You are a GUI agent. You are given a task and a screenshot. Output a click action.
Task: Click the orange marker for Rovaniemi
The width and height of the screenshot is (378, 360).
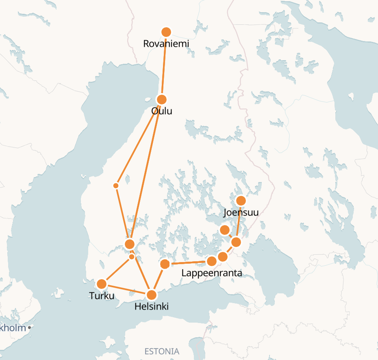[166, 32]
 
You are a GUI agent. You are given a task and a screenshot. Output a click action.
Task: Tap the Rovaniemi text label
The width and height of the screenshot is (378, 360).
[166, 43]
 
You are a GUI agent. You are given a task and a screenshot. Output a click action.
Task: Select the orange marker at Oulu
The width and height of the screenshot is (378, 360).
[162, 100]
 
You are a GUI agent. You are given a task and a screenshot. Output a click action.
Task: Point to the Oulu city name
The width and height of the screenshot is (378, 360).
[161, 111]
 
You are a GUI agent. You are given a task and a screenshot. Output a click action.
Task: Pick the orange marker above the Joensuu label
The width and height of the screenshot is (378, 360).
[241, 201]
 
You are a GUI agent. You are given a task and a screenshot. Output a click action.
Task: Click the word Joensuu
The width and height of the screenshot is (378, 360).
[241, 212]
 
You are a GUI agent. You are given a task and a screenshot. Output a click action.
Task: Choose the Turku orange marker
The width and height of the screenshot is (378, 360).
[102, 284]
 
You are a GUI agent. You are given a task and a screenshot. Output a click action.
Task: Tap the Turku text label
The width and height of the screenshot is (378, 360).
[102, 295]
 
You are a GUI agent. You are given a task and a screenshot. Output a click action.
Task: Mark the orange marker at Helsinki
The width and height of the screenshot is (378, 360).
[152, 295]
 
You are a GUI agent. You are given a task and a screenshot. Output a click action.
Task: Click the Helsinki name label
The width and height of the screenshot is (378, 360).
[151, 306]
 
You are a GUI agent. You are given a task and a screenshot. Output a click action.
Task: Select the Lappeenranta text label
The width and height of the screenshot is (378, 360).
[211, 273]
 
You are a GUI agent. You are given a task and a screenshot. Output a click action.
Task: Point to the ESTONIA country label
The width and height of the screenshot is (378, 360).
[162, 351]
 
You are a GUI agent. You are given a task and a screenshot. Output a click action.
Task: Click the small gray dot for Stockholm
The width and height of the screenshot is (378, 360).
[29, 327]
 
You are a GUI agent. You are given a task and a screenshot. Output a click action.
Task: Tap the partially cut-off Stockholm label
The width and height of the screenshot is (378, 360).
[13, 327]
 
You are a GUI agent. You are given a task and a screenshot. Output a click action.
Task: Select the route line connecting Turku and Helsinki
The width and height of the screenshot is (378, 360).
[126, 289]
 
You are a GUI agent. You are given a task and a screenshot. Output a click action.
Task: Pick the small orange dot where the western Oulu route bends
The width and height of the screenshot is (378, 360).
[116, 186]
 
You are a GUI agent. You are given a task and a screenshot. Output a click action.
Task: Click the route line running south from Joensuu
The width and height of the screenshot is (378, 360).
[239, 221]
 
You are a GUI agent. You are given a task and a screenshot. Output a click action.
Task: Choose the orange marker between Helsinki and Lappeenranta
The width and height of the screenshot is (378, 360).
[165, 265]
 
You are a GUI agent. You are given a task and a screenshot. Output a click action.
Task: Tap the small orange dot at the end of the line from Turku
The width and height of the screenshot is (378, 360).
[132, 257]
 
